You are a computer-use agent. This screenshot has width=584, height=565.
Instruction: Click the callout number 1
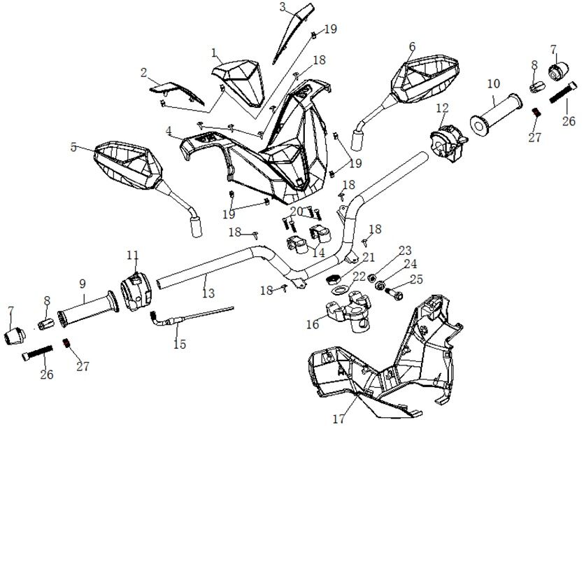click(x=215, y=53)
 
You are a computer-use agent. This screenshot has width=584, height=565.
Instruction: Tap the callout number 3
click(x=283, y=7)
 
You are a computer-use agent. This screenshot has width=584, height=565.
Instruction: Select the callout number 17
click(x=339, y=419)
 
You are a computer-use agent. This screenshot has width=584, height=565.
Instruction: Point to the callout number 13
click(x=208, y=294)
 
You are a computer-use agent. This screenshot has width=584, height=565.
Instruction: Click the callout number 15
click(x=180, y=344)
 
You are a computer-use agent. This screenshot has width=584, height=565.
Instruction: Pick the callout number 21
click(x=369, y=258)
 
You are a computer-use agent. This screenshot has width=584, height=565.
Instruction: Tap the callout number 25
click(x=416, y=280)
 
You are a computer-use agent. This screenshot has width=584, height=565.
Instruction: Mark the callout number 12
click(x=441, y=108)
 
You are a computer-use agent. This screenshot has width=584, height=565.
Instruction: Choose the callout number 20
click(x=296, y=211)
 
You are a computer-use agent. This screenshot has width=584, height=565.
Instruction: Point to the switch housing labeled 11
click(x=137, y=289)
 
